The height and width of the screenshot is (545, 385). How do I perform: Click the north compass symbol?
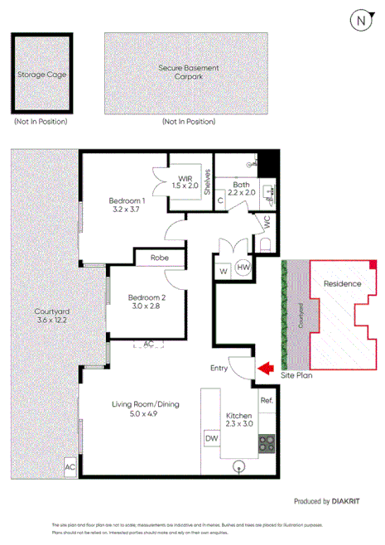click(x=359, y=21)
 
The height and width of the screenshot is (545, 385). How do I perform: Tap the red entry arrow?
click(x=265, y=368)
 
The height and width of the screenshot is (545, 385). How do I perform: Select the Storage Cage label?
click(x=41, y=74)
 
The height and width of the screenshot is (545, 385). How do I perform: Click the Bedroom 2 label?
click(x=147, y=301)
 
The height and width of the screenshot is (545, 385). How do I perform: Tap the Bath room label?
click(x=241, y=190)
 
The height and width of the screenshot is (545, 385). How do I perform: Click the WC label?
click(x=266, y=224)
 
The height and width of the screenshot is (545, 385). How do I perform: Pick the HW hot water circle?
click(x=243, y=268)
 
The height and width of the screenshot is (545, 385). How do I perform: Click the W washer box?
click(x=223, y=270)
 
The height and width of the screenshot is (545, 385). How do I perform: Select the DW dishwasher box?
click(x=210, y=437)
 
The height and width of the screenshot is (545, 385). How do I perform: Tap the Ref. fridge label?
click(x=266, y=402)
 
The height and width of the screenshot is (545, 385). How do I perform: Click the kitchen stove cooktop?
click(x=266, y=443)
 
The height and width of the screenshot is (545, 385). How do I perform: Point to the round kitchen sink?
click(x=239, y=466)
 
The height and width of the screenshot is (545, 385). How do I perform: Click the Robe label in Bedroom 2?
click(x=161, y=258)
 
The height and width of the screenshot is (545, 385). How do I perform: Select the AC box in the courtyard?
click(x=70, y=468)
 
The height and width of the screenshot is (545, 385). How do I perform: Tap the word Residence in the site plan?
click(x=341, y=284)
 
